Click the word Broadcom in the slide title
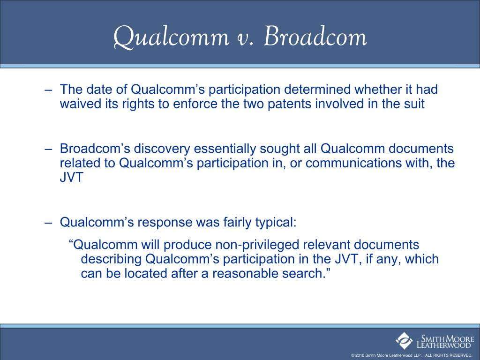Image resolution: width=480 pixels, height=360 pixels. [315, 37]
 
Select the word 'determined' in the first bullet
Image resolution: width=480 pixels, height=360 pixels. [317, 89]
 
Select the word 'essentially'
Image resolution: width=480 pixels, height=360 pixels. [225, 149]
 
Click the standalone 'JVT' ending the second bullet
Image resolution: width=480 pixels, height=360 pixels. [71, 178]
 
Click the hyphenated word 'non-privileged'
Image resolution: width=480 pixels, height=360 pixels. [257, 245]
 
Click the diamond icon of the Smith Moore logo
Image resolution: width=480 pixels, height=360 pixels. [404, 341]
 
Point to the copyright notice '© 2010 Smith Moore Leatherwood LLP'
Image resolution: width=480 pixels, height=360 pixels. [386, 355]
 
